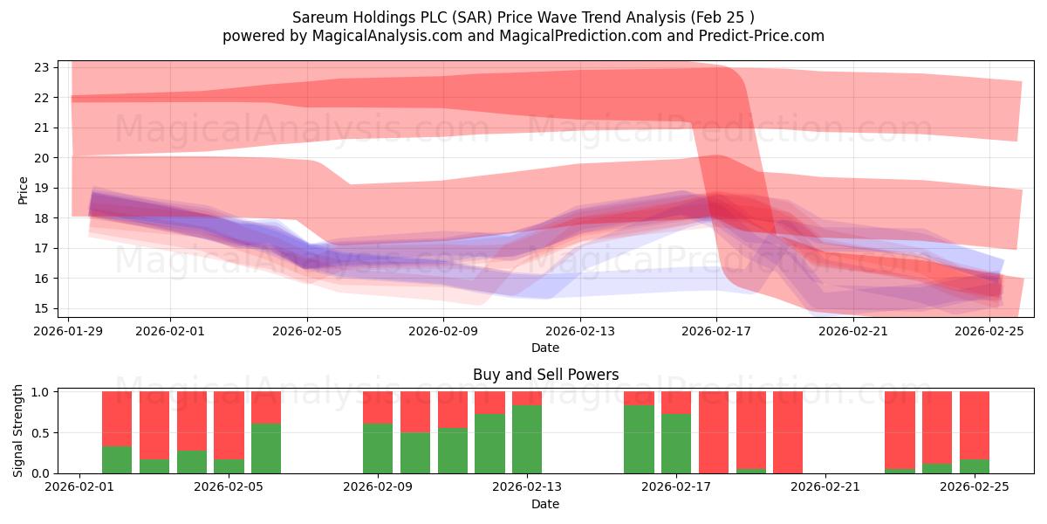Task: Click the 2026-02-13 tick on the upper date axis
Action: [580, 331]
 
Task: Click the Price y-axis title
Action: [24, 190]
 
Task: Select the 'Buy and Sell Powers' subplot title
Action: [545, 375]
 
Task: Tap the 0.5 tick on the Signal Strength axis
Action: [39, 432]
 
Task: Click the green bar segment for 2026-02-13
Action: [527, 439]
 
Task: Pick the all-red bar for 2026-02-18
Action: [714, 432]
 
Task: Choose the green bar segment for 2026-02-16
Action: [639, 439]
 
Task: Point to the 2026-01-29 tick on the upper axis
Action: [69, 331]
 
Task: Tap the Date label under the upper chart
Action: [545, 348]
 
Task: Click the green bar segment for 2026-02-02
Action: [117, 459]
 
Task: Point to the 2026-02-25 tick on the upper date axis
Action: [990, 331]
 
